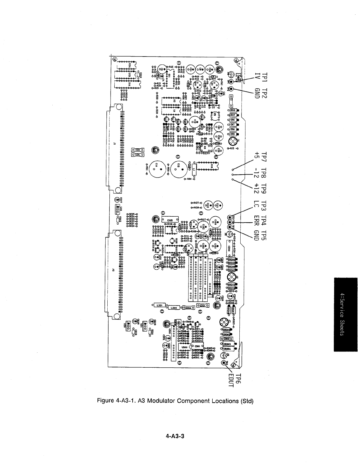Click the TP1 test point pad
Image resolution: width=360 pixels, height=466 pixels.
pos(231,82)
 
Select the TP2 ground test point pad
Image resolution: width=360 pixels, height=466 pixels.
pos(231,88)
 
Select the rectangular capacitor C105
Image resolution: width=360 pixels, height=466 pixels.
pos(170,220)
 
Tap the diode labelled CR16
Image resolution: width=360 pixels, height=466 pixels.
pos(233,111)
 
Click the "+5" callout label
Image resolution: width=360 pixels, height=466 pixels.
pos(257,155)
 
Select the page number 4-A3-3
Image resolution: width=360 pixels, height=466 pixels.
pos(175,436)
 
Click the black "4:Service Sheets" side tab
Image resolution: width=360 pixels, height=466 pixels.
pos(345,314)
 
